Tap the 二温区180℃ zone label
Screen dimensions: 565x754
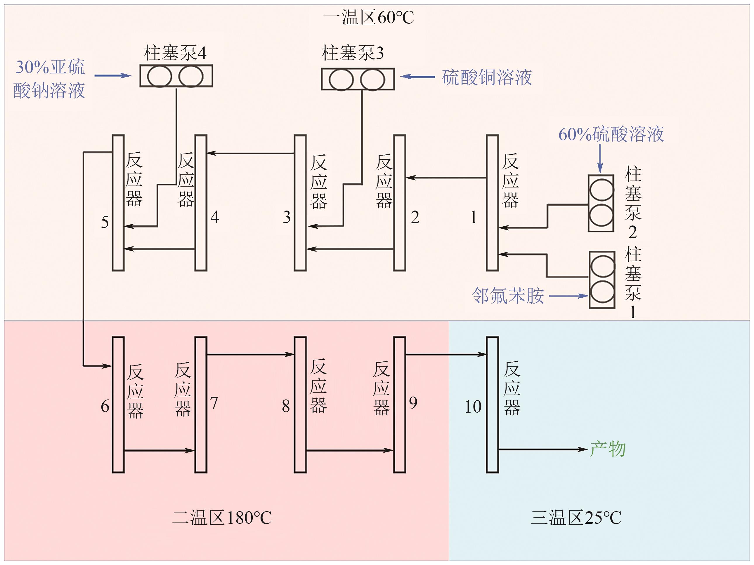point(222,518)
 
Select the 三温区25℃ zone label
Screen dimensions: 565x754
point(576,518)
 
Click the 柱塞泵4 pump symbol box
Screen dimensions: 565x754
point(176,76)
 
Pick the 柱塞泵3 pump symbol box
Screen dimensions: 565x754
point(358,79)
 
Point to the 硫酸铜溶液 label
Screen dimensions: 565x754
point(487,77)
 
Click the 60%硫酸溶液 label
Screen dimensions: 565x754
point(611,134)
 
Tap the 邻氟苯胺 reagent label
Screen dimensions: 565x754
point(507,295)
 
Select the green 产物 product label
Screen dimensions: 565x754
point(607,449)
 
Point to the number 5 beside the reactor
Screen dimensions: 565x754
point(105,222)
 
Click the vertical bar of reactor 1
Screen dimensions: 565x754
point(492,203)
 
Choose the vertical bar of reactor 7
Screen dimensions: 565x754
point(201,405)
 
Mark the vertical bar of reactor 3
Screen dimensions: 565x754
point(300,203)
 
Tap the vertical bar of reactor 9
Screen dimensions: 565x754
point(400,405)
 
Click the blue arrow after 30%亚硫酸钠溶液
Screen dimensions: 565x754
point(112,75)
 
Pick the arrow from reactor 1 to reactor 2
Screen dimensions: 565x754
point(446,178)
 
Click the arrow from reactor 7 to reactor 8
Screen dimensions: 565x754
point(250,354)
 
